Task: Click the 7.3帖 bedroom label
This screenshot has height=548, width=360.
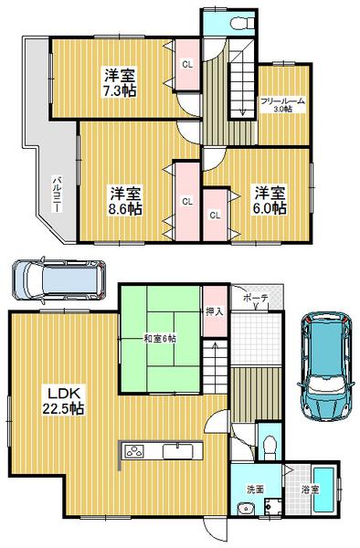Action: click(x=120, y=83)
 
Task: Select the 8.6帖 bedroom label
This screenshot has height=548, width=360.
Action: click(x=126, y=200)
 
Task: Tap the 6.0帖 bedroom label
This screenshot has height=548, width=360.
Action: click(x=270, y=200)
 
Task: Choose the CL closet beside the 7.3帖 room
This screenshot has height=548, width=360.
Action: click(x=186, y=64)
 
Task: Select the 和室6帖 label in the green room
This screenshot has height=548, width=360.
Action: click(x=159, y=338)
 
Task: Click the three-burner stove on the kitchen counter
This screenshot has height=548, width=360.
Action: click(x=133, y=451)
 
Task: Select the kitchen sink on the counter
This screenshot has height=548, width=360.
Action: click(x=176, y=451)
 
